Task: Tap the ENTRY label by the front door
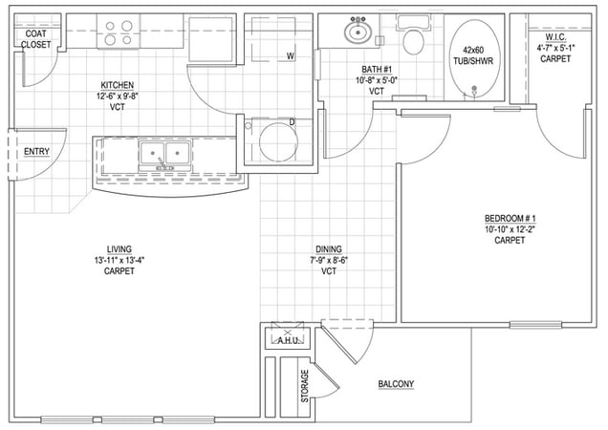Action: pyautogui.click(x=36, y=151)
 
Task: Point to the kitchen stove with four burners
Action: pyautogui.click(x=118, y=33)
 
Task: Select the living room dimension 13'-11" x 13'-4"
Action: pyautogui.click(x=119, y=260)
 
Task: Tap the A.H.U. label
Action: pyautogui.click(x=289, y=340)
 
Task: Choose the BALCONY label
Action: pyautogui.click(x=396, y=384)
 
